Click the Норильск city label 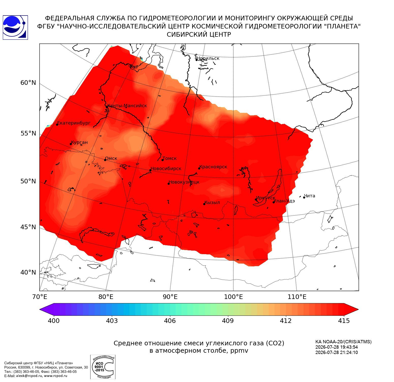(x=208, y=58)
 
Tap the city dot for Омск (x=105, y=160)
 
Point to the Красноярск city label (x=213, y=167)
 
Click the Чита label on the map (x=310, y=196)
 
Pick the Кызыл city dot (x=204, y=204)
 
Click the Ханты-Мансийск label (x=127, y=106)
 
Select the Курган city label (x=79, y=143)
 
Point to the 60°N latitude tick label (x=28, y=83)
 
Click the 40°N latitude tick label (x=28, y=272)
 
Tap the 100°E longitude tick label (x=234, y=297)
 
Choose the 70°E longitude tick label (x=40, y=297)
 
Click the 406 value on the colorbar (x=170, y=321)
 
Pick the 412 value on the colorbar (x=286, y=321)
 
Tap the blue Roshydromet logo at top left (x=15, y=28)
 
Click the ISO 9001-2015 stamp (x=103, y=367)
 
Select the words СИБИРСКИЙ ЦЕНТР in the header (x=199, y=34)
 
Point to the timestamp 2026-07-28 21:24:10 (x=337, y=352)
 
